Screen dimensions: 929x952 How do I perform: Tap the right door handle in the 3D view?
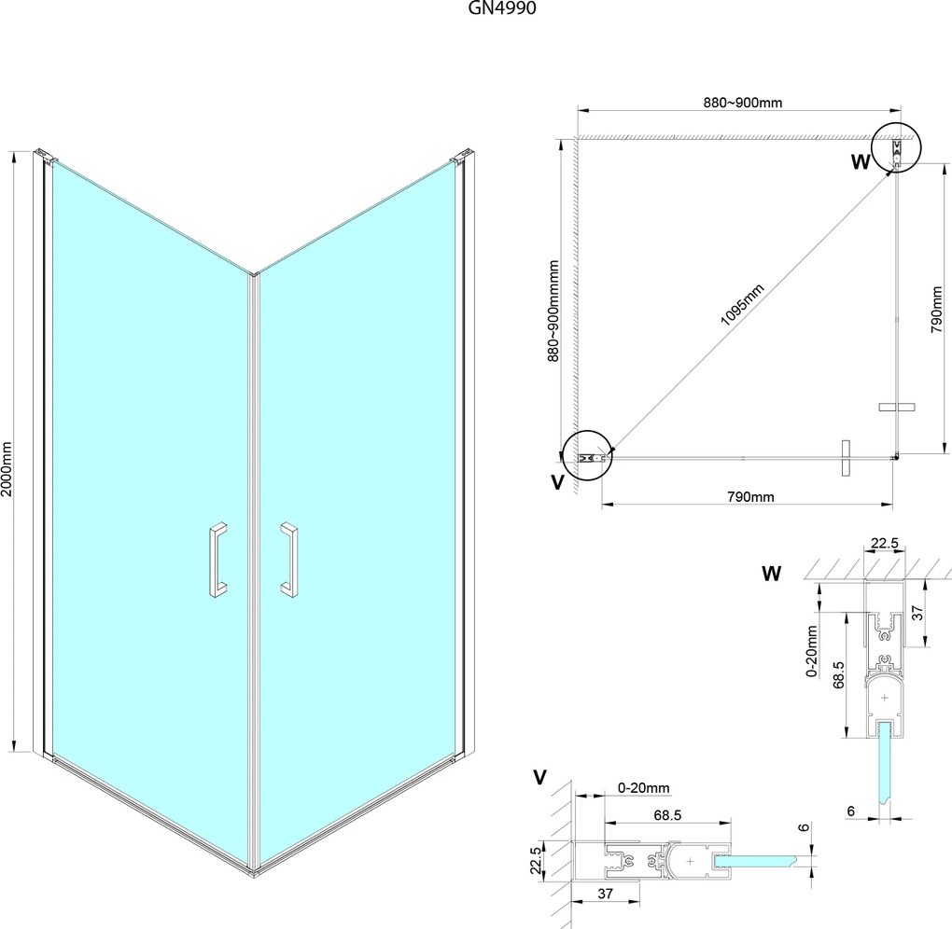(288, 559)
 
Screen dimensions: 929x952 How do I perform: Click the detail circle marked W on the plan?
(896, 148)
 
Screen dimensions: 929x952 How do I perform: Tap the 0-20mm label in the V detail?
(644, 788)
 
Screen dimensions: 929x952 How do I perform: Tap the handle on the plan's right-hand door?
(898, 407)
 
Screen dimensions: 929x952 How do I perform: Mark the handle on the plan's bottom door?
(846, 458)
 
